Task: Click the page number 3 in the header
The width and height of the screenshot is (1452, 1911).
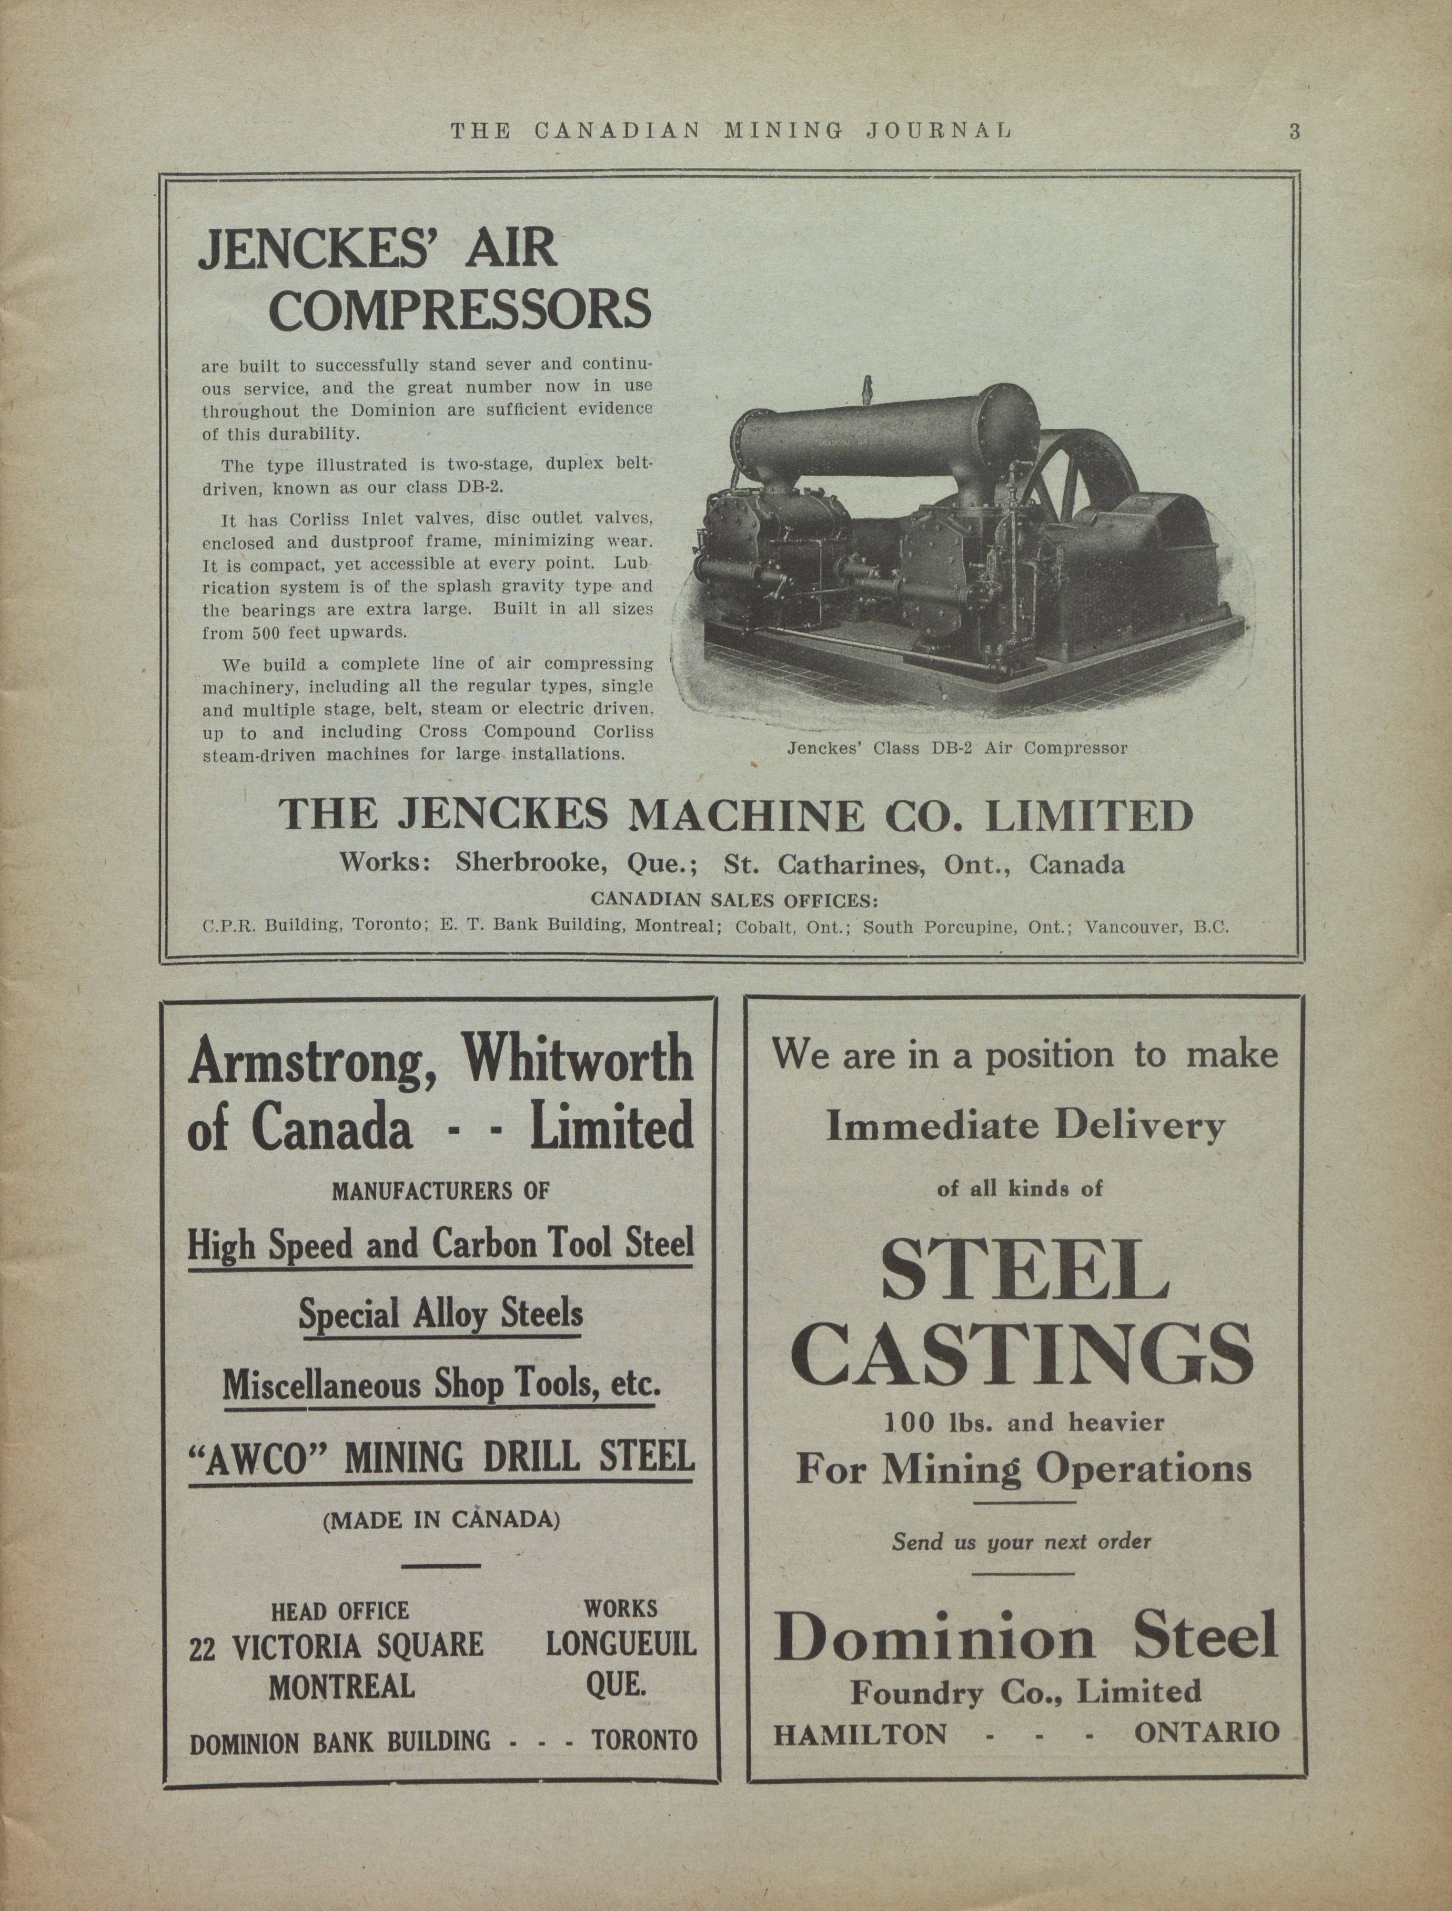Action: tap(1294, 132)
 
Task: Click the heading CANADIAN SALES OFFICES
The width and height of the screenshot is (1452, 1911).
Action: tap(734, 901)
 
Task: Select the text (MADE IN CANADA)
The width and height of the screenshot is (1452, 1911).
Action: tap(441, 1520)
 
